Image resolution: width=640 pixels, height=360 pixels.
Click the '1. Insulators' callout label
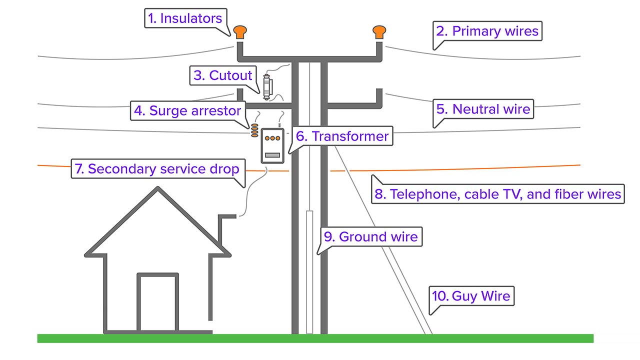coord(185,19)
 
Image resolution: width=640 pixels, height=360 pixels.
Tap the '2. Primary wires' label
coord(487,31)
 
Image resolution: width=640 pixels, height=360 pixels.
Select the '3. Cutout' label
coord(223,75)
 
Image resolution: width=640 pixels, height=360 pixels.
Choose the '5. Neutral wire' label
coord(483,109)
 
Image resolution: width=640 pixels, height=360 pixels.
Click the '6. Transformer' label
coord(342,136)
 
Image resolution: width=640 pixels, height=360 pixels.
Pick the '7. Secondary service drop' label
coord(156,169)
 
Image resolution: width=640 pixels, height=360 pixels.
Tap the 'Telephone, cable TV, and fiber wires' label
coord(498,194)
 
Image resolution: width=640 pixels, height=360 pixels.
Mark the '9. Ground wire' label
coord(370,236)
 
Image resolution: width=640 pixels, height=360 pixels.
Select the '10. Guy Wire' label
coord(472,296)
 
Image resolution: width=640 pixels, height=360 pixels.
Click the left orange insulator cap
coord(239,31)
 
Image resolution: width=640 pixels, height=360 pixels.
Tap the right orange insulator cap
coord(379,31)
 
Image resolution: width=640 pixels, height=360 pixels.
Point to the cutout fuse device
coord(267,85)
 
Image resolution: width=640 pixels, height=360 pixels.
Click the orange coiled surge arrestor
coord(255,131)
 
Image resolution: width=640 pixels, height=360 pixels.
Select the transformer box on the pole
coord(272,145)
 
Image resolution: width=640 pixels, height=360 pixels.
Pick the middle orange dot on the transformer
coord(272,137)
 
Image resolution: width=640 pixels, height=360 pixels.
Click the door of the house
coord(158,303)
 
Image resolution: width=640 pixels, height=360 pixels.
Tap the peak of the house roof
coord(158,188)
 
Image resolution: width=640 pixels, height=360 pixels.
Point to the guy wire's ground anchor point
coord(429,333)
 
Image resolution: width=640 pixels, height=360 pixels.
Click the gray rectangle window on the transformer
coord(272,155)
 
